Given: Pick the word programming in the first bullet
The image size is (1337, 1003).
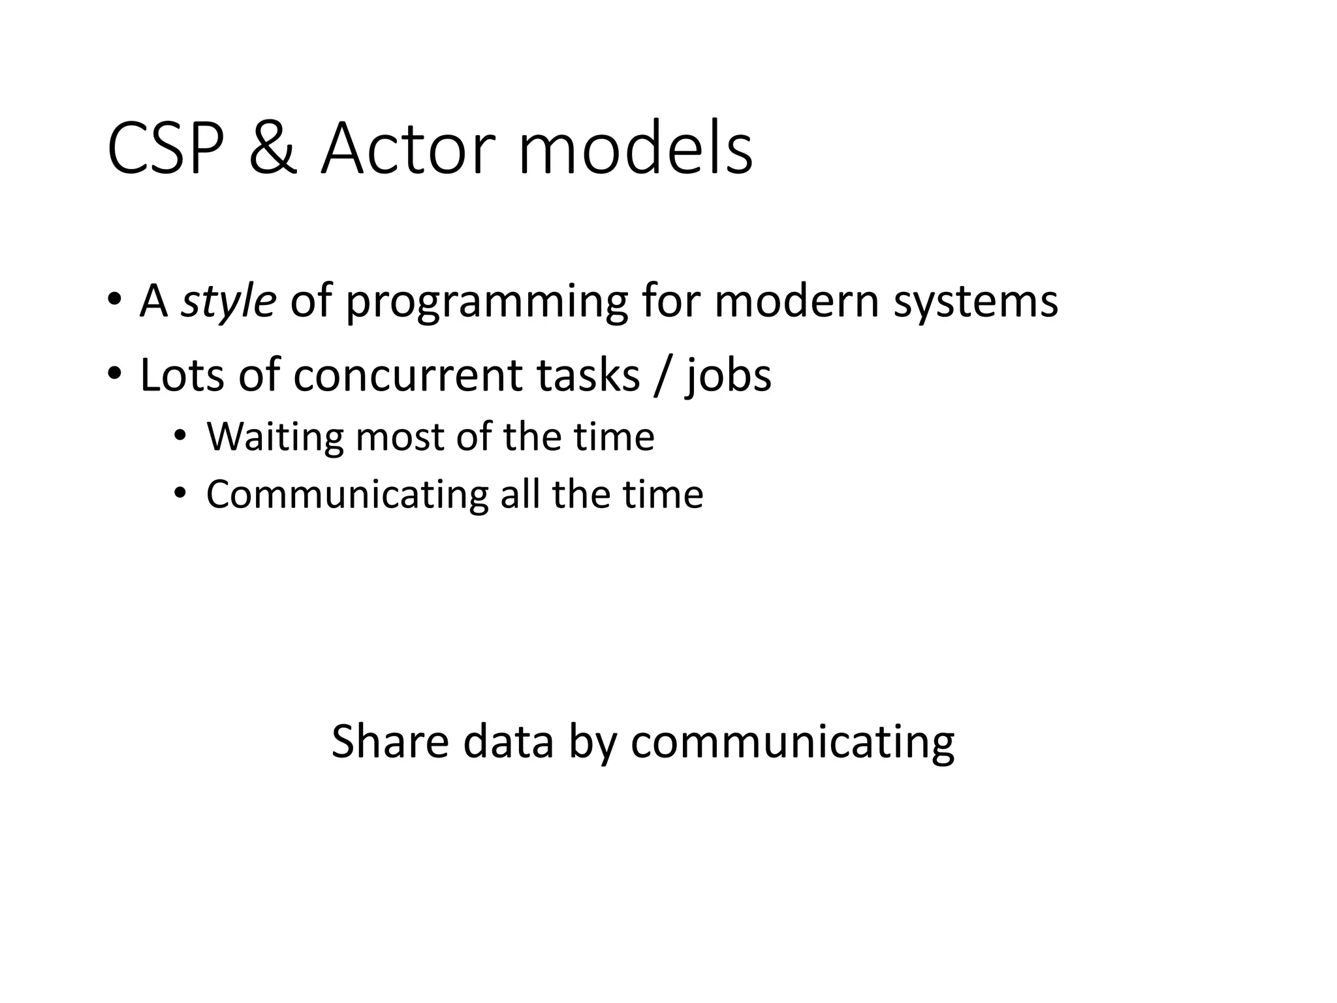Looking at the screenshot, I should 486,302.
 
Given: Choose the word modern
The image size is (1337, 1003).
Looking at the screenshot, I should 796,302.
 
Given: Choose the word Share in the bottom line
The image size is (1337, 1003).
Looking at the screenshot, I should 390,741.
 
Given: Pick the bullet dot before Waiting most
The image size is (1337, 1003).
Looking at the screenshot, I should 180,435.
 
